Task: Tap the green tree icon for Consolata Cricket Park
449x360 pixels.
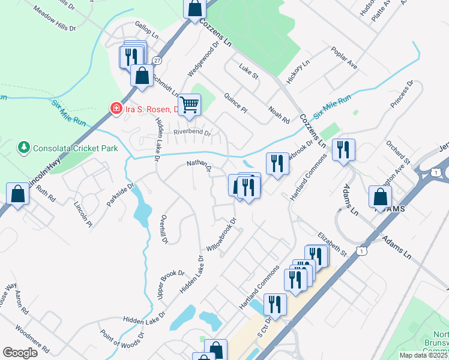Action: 24,147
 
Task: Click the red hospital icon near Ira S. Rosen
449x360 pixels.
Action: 115,109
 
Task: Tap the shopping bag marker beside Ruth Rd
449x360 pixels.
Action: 18,193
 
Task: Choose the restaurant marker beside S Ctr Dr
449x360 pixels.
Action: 275,304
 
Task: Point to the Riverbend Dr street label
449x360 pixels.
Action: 192,133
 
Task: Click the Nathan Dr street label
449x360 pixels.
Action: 199,165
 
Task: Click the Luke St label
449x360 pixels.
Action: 248,71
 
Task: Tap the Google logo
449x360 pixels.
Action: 20,353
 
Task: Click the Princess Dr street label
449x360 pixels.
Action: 402,94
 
